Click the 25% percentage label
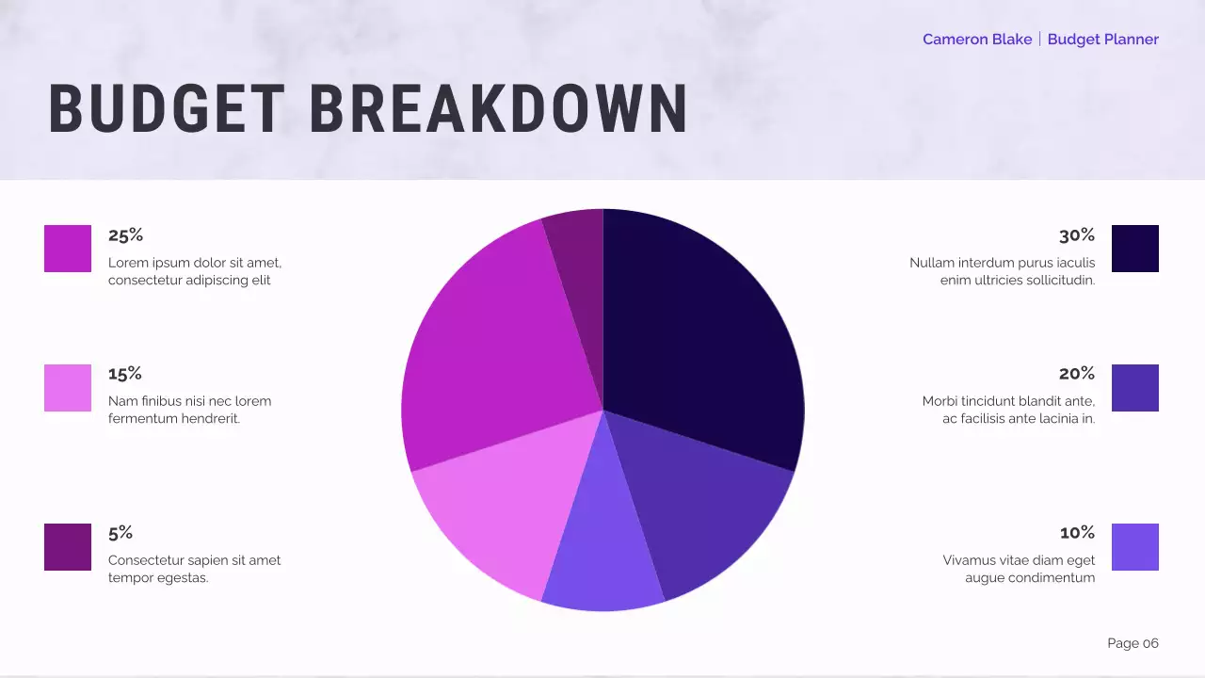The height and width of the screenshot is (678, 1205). (125, 235)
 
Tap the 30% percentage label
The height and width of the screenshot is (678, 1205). (1077, 235)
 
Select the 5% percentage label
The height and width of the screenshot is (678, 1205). (120, 533)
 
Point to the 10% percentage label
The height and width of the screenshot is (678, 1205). (1077, 533)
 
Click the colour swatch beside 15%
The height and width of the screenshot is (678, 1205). (68, 388)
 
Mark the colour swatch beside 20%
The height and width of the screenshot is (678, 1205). (1135, 388)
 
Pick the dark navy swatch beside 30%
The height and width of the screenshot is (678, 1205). (1135, 249)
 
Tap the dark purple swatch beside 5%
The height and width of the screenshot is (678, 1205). (68, 547)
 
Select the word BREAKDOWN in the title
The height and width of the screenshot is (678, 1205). (499, 109)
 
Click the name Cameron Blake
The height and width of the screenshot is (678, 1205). (977, 40)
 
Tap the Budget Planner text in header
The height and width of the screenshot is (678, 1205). (1102, 40)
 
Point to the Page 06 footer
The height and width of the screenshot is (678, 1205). (1133, 643)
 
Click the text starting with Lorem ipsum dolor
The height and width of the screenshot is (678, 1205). (195, 271)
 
